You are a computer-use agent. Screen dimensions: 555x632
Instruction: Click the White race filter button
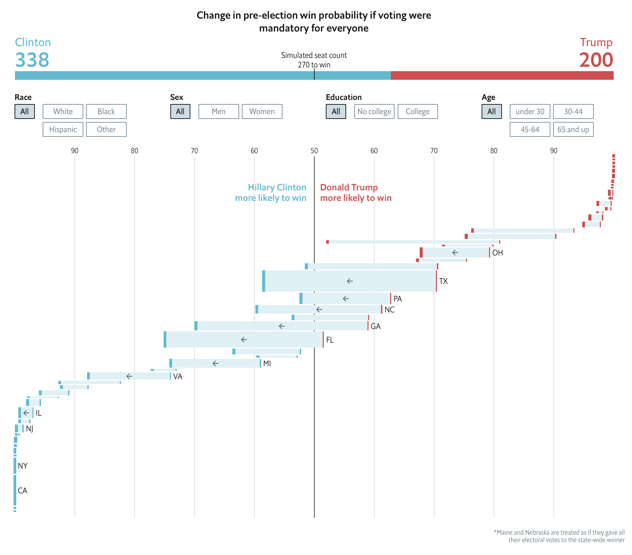[x=63, y=111]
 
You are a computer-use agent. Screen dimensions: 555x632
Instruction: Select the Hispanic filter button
[x=63, y=129]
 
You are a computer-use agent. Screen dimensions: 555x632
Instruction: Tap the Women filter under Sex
[x=262, y=111]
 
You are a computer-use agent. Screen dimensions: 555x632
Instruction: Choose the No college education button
[x=374, y=111]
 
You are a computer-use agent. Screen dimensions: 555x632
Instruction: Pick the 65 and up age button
[x=573, y=129]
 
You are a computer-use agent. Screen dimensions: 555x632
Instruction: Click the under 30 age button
[x=530, y=111]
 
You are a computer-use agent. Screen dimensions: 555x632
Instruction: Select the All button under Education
[x=336, y=111]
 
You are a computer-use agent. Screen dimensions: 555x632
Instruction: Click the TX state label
[x=443, y=281]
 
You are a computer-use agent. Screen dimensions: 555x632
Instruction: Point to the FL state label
[x=330, y=340]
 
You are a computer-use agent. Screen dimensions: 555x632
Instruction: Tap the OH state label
[x=497, y=253]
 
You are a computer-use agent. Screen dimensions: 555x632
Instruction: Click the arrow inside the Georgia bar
[x=281, y=326]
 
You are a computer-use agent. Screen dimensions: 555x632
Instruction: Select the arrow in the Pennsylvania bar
[x=345, y=299]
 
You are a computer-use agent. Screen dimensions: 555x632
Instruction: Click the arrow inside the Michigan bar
[x=215, y=363]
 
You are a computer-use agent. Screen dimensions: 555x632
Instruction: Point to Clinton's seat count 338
[x=32, y=60]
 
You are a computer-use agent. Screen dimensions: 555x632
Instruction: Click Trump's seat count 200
[x=596, y=60]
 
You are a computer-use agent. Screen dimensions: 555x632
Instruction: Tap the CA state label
[x=22, y=491]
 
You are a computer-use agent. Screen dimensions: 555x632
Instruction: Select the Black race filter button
[x=106, y=111]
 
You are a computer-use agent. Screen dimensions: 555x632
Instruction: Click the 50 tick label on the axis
[x=314, y=151]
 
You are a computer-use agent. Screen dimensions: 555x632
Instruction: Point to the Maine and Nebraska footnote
[x=559, y=536]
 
